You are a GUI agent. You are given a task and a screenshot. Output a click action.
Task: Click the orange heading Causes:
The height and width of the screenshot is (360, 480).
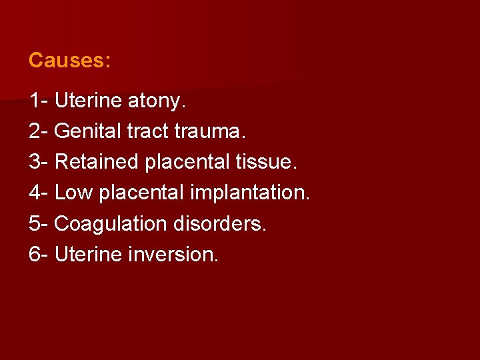[x=69, y=61]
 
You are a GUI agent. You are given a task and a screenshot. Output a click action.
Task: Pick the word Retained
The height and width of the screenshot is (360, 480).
[x=96, y=162]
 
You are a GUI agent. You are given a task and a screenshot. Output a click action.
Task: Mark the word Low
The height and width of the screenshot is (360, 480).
[x=74, y=193]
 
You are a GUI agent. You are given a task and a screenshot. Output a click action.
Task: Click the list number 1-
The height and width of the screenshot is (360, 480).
[x=38, y=101]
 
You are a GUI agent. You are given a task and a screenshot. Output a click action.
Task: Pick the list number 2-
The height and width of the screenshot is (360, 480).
[x=38, y=132]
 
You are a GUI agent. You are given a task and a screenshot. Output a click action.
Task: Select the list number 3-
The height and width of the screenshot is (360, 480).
[x=38, y=162]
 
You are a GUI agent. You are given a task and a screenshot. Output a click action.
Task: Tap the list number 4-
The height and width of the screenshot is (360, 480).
[x=38, y=193]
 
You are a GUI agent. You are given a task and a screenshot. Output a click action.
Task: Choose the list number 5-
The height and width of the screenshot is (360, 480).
[x=38, y=223]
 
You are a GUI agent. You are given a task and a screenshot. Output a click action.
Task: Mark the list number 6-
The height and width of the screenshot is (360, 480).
[x=38, y=254]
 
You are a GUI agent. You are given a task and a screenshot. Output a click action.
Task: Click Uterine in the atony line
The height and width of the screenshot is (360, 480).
[x=87, y=101]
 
